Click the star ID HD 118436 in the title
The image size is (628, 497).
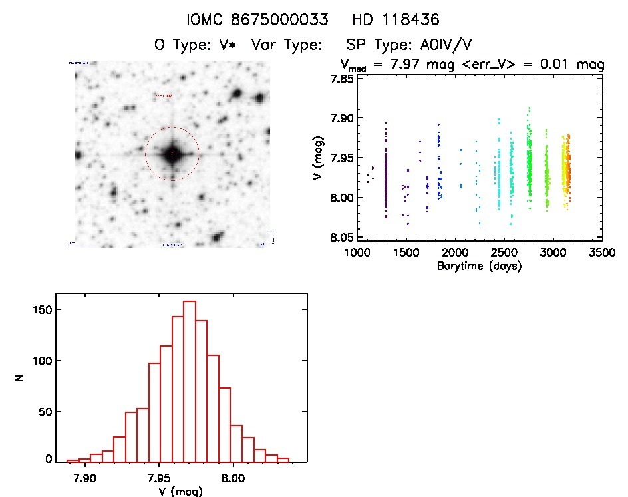[x=397, y=19]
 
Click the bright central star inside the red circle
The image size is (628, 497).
[x=172, y=154]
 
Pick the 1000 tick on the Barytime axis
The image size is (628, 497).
[x=357, y=253]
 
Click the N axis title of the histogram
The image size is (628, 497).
[x=21, y=378]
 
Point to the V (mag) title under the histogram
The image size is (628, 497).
[x=171, y=491]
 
